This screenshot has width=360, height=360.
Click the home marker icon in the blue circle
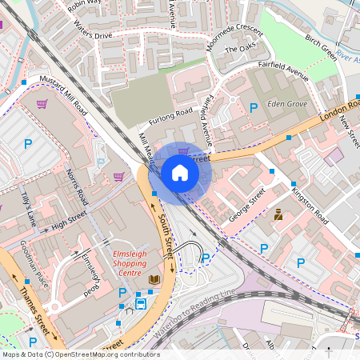[180, 173]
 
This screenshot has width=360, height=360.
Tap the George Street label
[246, 206]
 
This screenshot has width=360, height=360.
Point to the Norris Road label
[78, 186]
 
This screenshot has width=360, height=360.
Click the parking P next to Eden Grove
[254, 107]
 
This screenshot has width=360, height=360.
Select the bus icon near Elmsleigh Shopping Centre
[141, 302]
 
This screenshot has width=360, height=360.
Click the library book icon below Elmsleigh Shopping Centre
[154, 279]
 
